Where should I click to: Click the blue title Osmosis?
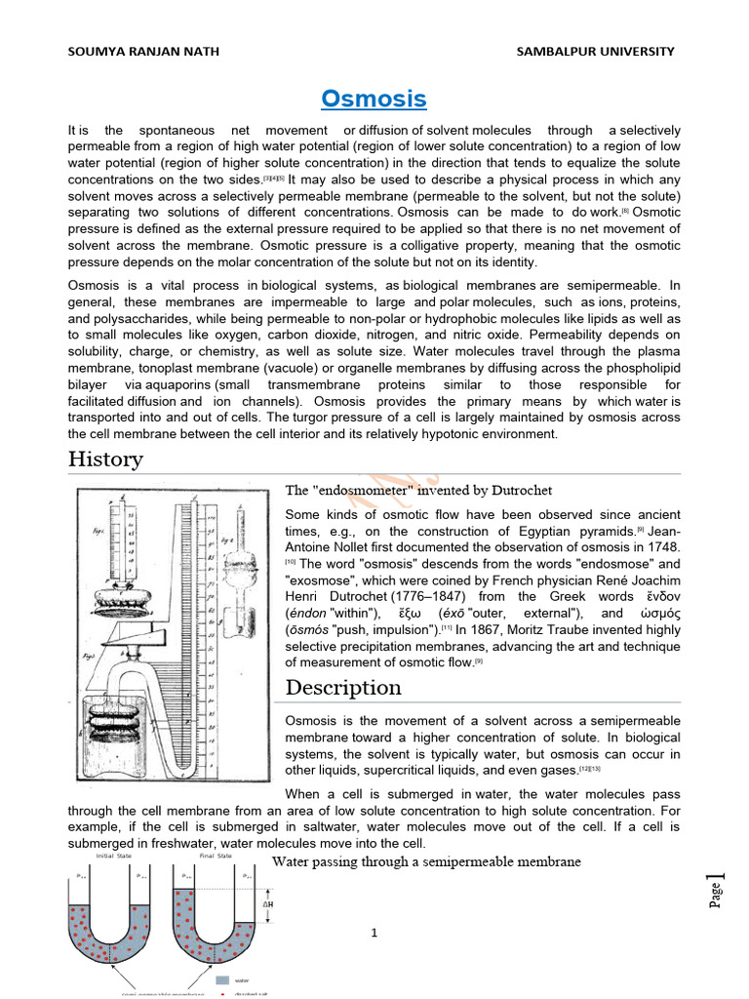pyautogui.click(x=374, y=100)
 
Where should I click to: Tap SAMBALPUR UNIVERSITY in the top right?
pyautogui.click(x=595, y=52)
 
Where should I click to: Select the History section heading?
pyautogui.click(x=105, y=460)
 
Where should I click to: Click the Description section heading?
pyautogui.click(x=342, y=688)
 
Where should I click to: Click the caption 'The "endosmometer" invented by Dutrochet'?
pyautogui.click(x=424, y=490)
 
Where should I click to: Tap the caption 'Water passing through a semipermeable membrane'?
pyautogui.click(x=426, y=861)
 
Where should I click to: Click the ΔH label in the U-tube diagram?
pyautogui.click(x=267, y=903)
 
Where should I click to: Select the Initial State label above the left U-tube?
pyautogui.click(x=112, y=857)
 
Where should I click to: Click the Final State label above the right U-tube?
pyautogui.click(x=216, y=857)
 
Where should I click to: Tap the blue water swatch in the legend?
pyautogui.click(x=222, y=979)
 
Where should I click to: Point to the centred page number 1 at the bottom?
pyautogui.click(x=374, y=934)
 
